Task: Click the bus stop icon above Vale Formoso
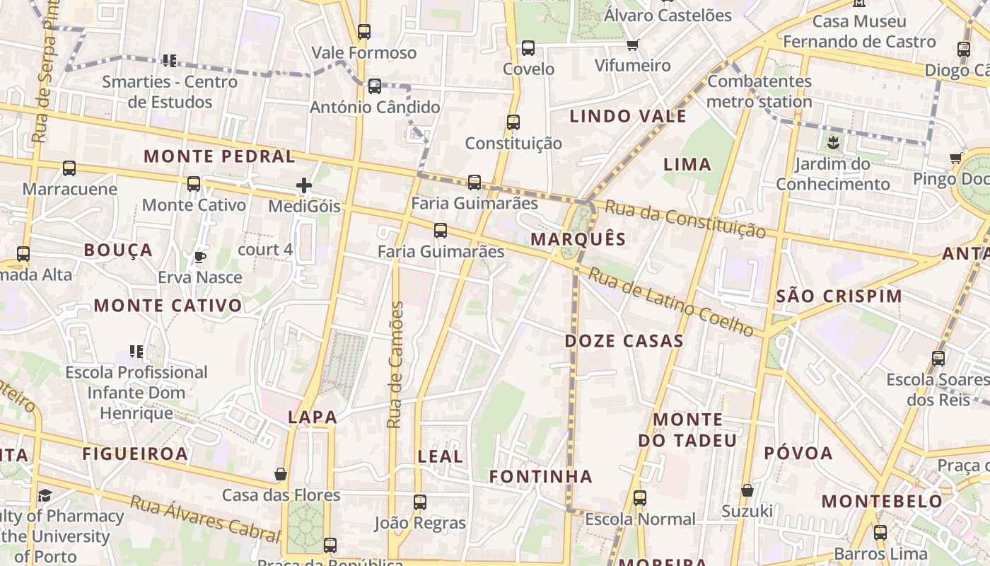pos(364,32)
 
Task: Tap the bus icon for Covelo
pos(528,48)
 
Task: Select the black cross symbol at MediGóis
pos(304,186)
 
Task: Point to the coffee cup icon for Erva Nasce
pos(200,257)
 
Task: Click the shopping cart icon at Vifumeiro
pos(632,45)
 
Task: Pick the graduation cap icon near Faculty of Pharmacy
pos(45,495)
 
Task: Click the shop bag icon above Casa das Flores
pos(281,474)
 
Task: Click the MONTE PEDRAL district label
pos(220,156)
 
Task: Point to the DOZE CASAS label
pos(624,341)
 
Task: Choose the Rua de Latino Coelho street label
pos(671,302)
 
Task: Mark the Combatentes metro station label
pos(759,91)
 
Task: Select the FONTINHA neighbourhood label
pos(541,477)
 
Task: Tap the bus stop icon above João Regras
pos(420,502)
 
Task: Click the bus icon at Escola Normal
pos(640,498)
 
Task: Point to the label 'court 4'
pos(265,250)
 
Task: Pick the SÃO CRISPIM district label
pos(839,296)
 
